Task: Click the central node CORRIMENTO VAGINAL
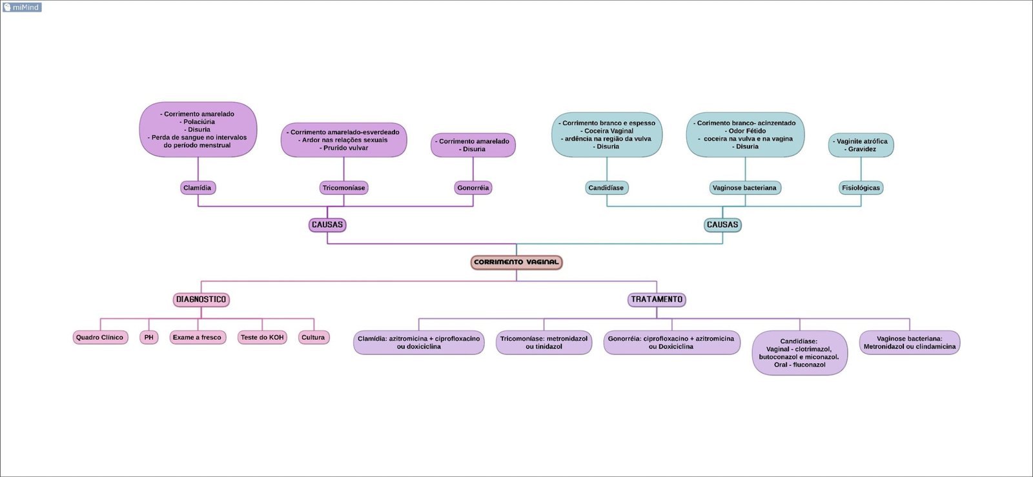(x=516, y=262)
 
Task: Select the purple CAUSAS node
(x=327, y=225)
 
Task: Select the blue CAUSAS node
(x=722, y=225)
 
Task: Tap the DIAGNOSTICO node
(x=201, y=299)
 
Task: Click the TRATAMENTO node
(x=657, y=299)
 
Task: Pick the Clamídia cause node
(x=198, y=188)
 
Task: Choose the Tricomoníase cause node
(x=344, y=188)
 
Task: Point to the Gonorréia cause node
(x=473, y=188)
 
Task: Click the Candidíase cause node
(x=606, y=188)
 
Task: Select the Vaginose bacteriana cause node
(x=744, y=188)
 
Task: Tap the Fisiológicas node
(x=861, y=188)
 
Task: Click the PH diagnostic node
(x=149, y=338)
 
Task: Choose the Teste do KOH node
(x=262, y=338)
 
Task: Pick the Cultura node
(x=313, y=338)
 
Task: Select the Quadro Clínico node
(x=100, y=338)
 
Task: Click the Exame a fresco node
(x=197, y=338)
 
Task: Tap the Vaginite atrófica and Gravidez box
(x=861, y=145)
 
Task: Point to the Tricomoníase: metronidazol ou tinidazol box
(x=544, y=343)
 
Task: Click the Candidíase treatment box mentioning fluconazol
(x=799, y=353)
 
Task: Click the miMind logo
(x=22, y=7)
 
